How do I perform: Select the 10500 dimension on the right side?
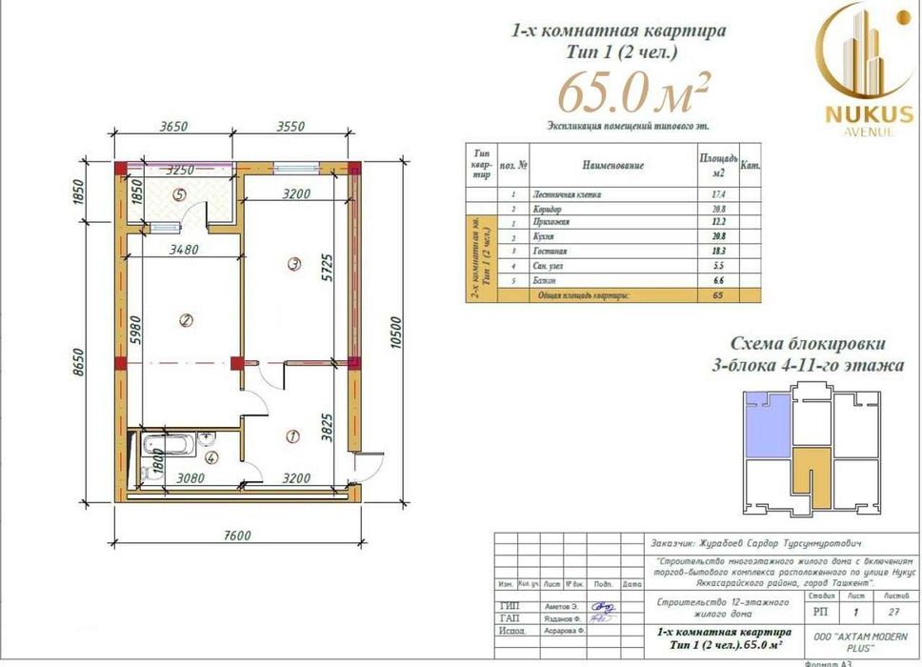coord(393,333)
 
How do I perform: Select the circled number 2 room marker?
coord(186,320)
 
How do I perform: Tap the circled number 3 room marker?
coord(294,263)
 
